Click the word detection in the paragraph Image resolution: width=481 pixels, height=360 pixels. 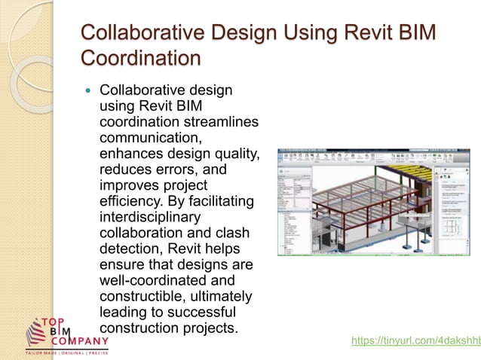pos(130,250)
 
